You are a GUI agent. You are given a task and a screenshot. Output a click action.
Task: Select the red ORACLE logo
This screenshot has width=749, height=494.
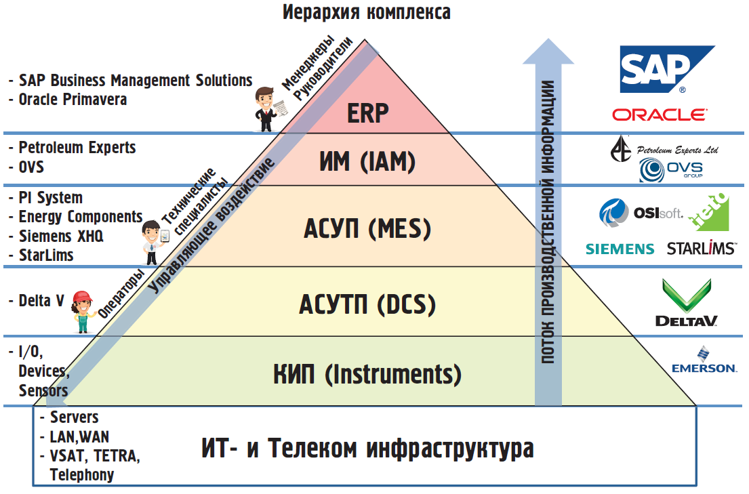[x=659, y=115]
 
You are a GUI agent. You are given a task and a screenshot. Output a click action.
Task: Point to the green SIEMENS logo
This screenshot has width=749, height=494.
[x=620, y=249]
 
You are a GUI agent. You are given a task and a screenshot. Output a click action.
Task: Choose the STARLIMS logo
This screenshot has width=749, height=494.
[x=701, y=249]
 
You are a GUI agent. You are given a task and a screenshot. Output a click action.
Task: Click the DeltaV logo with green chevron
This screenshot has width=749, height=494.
[x=686, y=303]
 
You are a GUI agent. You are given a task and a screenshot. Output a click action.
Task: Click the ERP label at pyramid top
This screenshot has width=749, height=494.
[x=368, y=112]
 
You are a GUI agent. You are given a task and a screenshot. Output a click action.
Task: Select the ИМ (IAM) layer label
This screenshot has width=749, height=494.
[x=367, y=161]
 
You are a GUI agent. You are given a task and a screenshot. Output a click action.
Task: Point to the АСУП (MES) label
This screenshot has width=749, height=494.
[x=367, y=229]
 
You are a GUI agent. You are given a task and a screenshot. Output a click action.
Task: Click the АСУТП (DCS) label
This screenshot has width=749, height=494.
[x=367, y=304]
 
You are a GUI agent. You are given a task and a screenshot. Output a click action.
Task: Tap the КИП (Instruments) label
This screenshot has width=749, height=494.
[x=367, y=373]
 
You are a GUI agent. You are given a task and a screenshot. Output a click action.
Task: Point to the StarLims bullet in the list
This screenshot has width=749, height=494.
[x=45, y=255]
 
